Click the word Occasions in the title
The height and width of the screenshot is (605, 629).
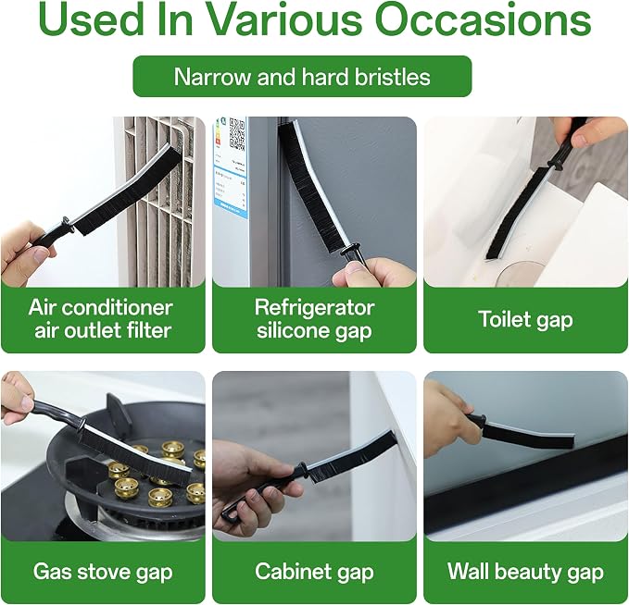[484, 19]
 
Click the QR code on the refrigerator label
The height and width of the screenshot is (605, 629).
[237, 134]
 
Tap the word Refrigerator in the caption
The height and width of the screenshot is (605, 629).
[315, 308]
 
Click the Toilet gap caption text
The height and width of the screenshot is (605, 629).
[525, 320]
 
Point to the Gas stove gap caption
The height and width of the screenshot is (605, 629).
[103, 572]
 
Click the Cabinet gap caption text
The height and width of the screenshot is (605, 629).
[314, 572]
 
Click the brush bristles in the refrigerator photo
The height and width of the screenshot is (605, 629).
[311, 189]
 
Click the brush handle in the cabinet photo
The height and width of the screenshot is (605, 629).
[260, 491]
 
